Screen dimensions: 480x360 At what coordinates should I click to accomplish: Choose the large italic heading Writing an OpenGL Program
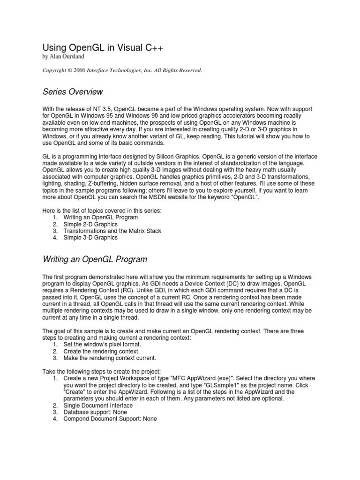point(95,259)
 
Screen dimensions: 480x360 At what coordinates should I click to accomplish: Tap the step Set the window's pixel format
point(102,345)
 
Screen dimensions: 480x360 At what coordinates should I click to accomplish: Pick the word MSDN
point(175,198)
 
